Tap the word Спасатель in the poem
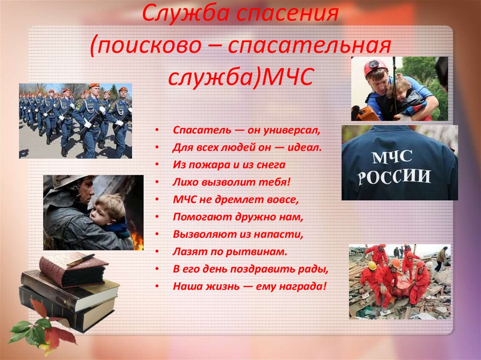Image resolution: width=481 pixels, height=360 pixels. coord(202,130)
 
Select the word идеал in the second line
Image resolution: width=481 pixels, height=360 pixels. coord(303,147)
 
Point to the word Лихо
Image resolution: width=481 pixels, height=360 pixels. coord(186,182)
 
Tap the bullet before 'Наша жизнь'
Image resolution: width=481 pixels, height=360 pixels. coord(157,286)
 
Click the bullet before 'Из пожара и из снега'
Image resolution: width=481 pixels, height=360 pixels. coord(157,165)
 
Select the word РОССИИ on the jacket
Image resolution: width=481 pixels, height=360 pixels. coord(394,177)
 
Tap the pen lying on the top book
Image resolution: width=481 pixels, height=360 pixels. coord(80,260)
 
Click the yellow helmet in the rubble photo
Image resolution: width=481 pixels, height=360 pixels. coord(372,265)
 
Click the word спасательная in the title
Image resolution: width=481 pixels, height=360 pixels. coord(310,46)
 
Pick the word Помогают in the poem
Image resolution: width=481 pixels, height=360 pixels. coord(203,217)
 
